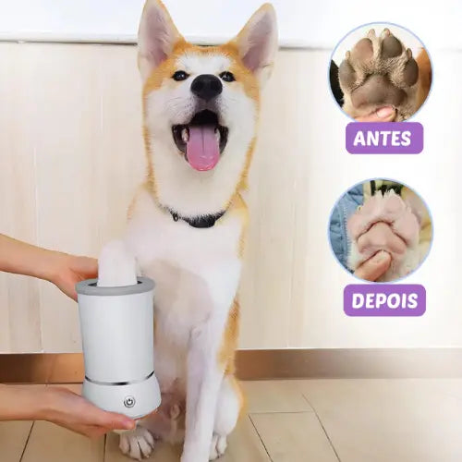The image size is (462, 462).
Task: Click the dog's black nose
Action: coord(206,86)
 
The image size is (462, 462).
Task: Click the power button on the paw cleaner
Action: coord(129,402)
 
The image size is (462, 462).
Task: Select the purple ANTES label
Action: coord(384,138)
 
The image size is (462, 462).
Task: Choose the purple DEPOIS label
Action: coord(384,300)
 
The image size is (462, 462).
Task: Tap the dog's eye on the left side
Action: coord(179,76)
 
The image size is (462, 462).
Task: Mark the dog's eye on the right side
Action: coord(228,76)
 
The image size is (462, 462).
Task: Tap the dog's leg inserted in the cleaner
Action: coord(117,261)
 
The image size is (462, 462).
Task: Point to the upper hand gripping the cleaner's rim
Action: coord(53,261)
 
